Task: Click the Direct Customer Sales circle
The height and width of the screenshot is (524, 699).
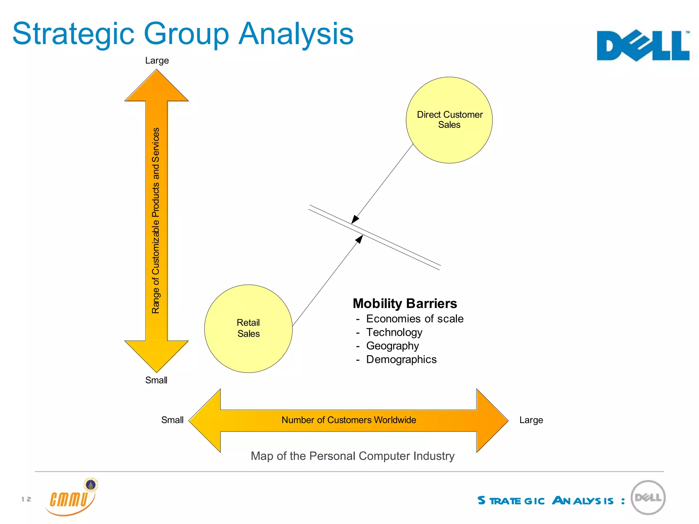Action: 449,120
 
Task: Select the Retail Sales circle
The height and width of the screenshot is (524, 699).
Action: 248,329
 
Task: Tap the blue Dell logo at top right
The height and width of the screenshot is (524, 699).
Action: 643,46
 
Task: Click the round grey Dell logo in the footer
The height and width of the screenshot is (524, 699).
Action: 648,498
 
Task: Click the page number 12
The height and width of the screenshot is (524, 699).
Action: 26,499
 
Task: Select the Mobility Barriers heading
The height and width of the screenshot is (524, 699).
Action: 405,303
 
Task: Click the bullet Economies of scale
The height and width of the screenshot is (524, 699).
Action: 415,319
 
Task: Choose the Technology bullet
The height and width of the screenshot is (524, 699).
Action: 394,332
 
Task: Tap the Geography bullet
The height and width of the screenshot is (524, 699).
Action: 393,346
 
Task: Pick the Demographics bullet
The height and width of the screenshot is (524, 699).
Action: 401,360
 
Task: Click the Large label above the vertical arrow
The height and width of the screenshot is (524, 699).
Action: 157,60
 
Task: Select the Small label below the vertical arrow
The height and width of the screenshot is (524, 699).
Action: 156,380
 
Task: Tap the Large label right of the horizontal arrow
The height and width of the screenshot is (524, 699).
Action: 531,420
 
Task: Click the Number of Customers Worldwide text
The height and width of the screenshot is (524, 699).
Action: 348,420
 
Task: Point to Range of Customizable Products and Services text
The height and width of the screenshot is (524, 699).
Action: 156,221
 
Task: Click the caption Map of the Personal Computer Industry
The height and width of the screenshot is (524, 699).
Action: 353,456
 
